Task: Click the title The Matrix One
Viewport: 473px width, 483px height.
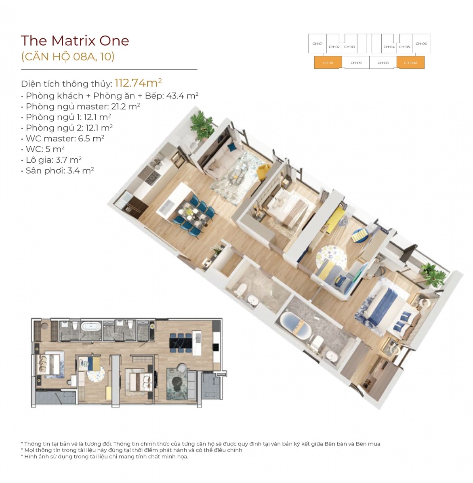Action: pos(75,41)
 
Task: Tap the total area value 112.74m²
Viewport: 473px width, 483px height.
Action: pos(138,82)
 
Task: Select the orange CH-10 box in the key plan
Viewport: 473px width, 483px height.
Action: pos(328,63)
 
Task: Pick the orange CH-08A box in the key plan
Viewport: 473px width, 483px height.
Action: pos(410,63)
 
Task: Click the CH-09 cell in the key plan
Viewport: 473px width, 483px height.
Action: pos(356,63)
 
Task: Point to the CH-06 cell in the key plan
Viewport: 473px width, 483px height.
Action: pos(421,44)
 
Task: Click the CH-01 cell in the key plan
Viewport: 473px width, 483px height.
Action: pos(317,44)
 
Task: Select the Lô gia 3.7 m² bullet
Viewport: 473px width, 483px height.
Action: pos(51,160)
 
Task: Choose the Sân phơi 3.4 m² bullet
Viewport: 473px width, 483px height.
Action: pos(58,170)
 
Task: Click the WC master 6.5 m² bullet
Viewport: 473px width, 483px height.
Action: pos(63,139)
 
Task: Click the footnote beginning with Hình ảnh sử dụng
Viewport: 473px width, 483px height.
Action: pos(105,456)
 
